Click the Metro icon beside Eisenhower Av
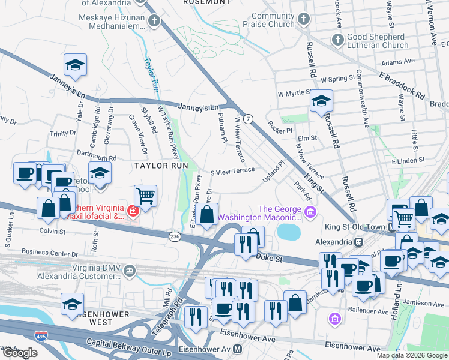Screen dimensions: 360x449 pyautogui.click(x=238, y=349)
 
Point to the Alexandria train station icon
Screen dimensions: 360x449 pyautogui.click(x=359, y=242)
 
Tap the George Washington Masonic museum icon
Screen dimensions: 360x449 pyautogui.click(x=310, y=211)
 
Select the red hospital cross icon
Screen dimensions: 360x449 pyautogui.click(x=131, y=211)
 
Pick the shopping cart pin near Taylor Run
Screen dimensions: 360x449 pyautogui.click(x=145, y=196)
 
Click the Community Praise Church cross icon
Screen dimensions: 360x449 pyautogui.click(x=304, y=19)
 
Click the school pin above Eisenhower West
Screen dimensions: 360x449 pyautogui.click(x=73, y=304)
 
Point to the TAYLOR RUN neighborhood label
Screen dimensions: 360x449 pyautogui.click(x=161, y=165)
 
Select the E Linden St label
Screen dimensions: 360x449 pyautogui.click(x=408, y=160)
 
